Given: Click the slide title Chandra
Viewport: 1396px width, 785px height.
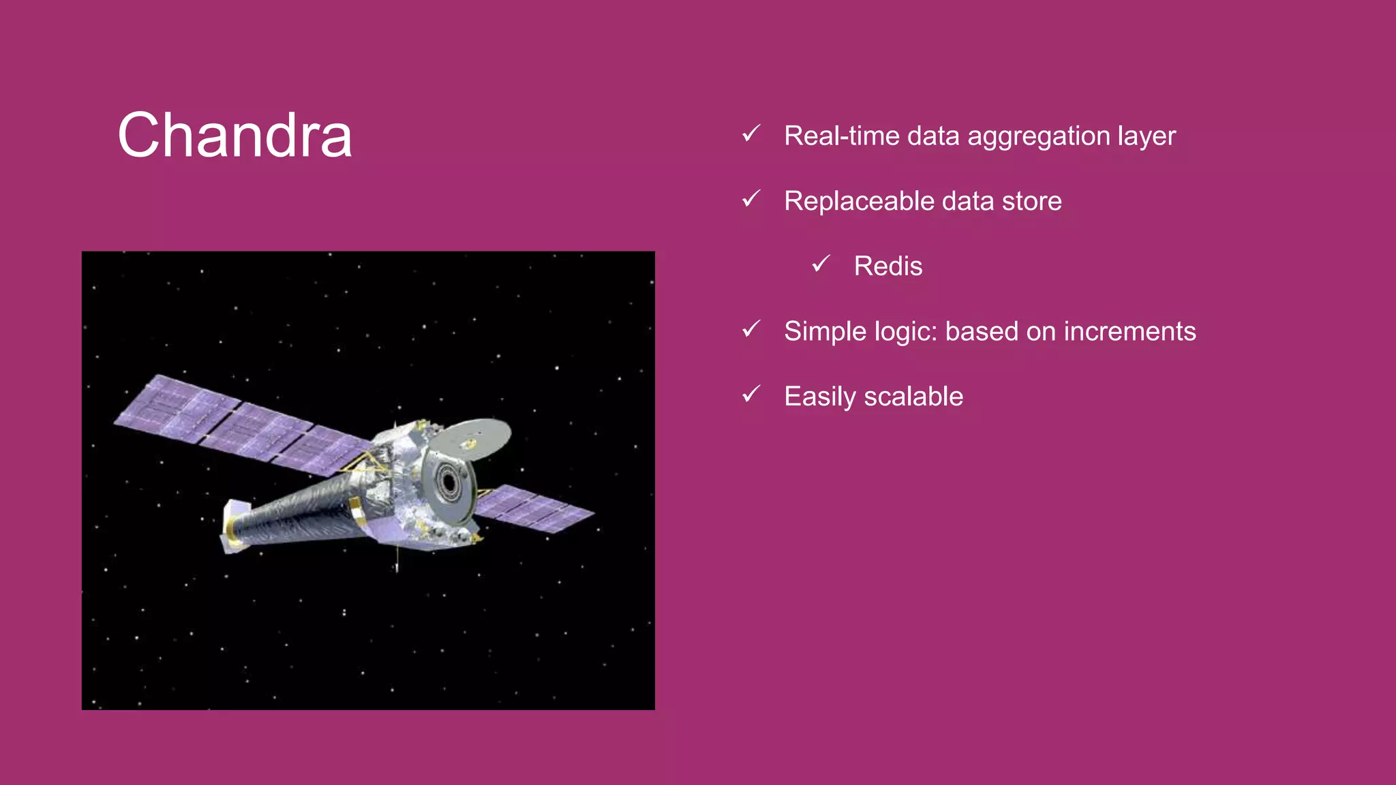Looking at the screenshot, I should click(235, 136).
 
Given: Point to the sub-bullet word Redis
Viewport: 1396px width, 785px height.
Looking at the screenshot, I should click(887, 266).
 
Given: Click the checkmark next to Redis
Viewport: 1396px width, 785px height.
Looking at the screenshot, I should click(821, 264).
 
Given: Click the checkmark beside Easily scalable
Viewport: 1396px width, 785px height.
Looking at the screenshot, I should click(751, 394).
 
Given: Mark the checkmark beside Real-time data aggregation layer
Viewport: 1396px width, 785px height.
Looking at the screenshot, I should click(751, 134).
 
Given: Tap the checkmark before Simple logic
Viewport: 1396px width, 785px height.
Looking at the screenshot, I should click(751, 329).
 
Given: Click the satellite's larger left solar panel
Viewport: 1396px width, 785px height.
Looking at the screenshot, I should click(239, 426).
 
